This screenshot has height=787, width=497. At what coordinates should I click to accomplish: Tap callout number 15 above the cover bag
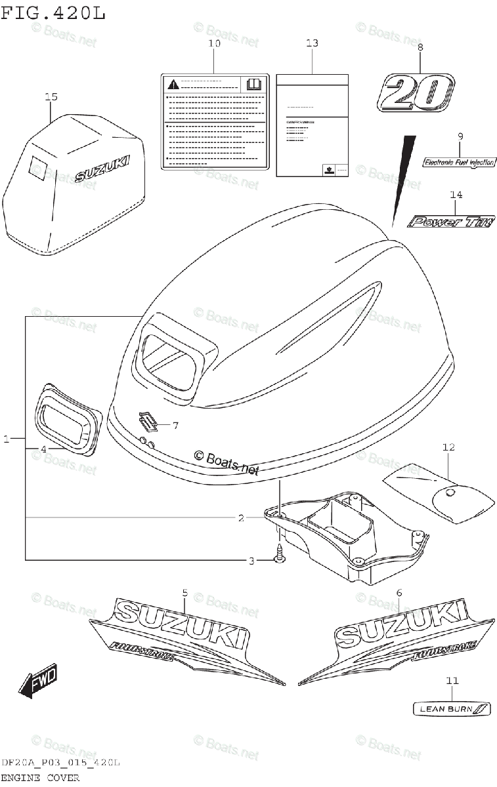pyautogui.click(x=51, y=97)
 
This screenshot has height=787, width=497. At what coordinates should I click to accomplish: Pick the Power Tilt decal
pyautogui.click(x=450, y=222)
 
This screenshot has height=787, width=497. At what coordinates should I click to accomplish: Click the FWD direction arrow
pyautogui.click(x=38, y=679)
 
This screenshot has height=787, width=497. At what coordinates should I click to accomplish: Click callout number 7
pyautogui.click(x=175, y=426)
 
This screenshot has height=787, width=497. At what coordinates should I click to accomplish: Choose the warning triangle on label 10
pyautogui.click(x=173, y=84)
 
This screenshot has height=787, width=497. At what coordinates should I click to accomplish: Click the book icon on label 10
pyautogui.click(x=253, y=84)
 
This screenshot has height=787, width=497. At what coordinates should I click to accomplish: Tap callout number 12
pyautogui.click(x=448, y=447)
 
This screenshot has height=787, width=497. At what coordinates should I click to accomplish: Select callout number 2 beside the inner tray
pyautogui.click(x=242, y=518)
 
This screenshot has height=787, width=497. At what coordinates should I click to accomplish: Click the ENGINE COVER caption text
pyautogui.click(x=40, y=778)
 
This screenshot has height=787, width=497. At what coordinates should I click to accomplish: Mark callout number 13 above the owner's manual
pyautogui.click(x=312, y=43)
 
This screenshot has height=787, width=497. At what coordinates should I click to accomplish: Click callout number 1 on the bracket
pyautogui.click(x=7, y=438)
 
